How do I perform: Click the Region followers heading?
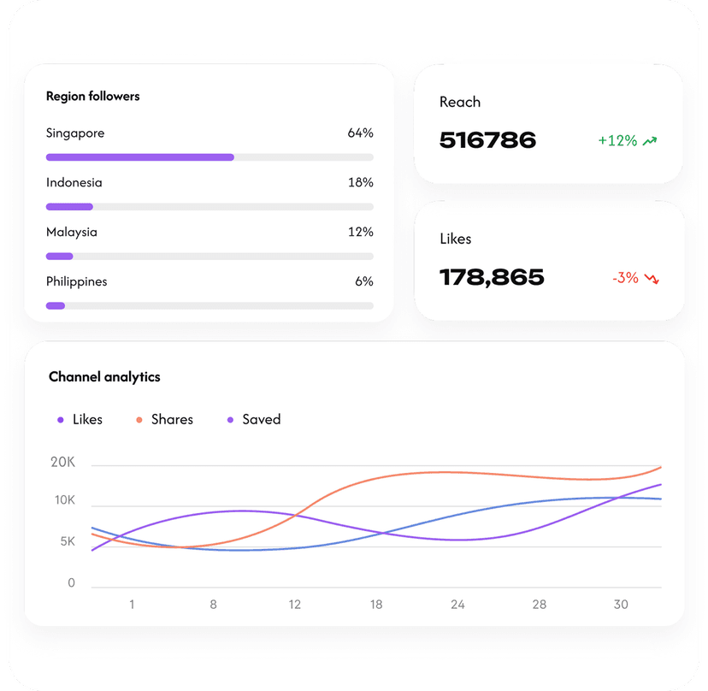click(92, 97)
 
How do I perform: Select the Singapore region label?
click(75, 133)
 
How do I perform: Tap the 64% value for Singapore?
click(360, 133)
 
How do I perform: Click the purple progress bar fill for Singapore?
click(139, 157)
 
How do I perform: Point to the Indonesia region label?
click(74, 183)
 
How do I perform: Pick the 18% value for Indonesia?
click(360, 183)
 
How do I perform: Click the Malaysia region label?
click(72, 233)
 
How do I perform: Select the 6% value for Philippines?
click(364, 282)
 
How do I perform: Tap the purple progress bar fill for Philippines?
click(56, 305)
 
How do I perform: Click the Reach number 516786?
click(487, 140)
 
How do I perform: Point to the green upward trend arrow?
click(651, 141)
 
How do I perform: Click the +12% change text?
click(617, 141)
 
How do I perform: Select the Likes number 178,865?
click(492, 277)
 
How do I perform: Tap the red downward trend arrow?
click(652, 278)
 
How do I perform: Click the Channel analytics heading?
click(104, 377)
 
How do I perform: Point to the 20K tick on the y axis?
click(63, 463)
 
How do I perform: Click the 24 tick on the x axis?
click(457, 605)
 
